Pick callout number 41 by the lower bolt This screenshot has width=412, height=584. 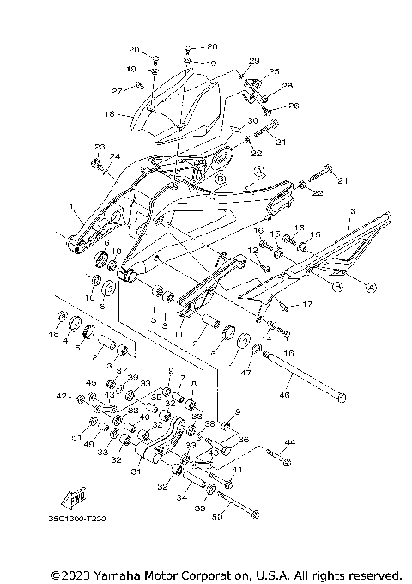click(238, 469)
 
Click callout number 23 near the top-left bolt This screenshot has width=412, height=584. click(99, 147)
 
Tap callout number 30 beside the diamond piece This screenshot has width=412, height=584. click(252, 120)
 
